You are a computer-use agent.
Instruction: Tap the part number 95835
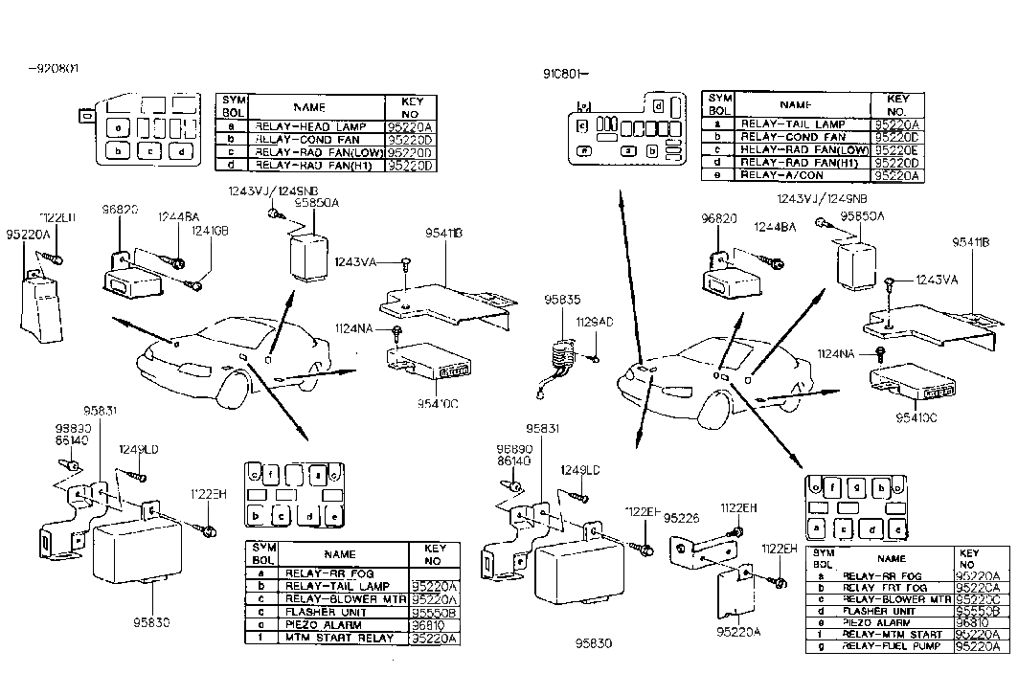pyautogui.click(x=563, y=300)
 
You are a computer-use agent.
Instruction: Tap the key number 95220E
pyautogui.click(x=897, y=150)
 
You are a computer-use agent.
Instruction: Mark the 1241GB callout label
pyautogui.click(x=209, y=231)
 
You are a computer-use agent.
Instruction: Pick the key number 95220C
pyautogui.click(x=979, y=599)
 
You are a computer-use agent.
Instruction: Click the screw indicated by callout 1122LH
pyautogui.click(x=56, y=258)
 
